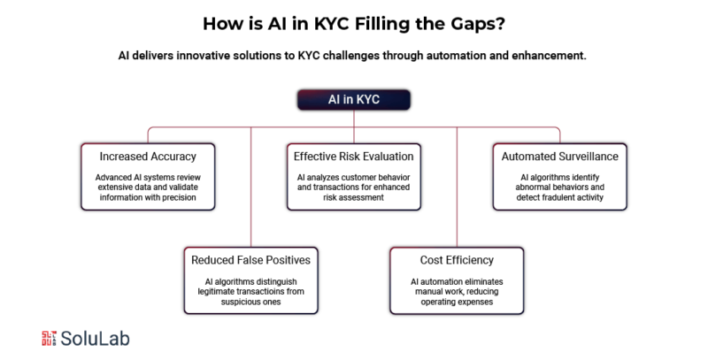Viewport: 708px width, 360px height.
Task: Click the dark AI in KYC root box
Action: [353, 100]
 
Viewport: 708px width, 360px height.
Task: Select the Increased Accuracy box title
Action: [148, 157]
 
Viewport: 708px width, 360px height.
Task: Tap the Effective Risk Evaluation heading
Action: [353, 157]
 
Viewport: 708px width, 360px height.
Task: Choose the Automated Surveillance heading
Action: [560, 157]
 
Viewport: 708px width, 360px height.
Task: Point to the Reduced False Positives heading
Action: [250, 260]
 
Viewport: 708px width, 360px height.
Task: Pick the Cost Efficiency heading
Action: [457, 260]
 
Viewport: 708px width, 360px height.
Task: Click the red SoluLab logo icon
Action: [49, 339]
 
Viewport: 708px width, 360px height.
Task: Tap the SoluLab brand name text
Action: [96, 339]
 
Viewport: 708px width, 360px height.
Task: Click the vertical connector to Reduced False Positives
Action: [250, 187]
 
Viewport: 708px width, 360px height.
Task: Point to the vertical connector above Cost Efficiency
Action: [457, 187]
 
